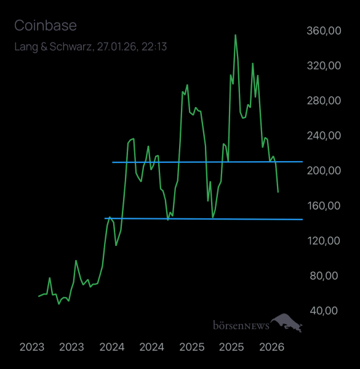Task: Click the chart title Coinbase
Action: pyautogui.click(x=45, y=26)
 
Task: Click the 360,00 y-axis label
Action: pyautogui.click(x=323, y=31)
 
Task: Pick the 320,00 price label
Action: pyautogui.click(x=323, y=66)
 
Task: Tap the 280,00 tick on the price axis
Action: pyautogui.click(x=323, y=101)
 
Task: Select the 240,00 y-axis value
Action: pyautogui.click(x=323, y=136)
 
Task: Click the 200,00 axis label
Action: pyautogui.click(x=323, y=170)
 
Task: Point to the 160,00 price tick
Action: pyautogui.click(x=323, y=205)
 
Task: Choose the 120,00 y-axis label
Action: pyautogui.click(x=323, y=240)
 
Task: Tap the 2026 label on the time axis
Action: pyautogui.click(x=271, y=347)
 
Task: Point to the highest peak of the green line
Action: pyautogui.click(x=235, y=35)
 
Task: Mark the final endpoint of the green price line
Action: pyautogui.click(x=278, y=192)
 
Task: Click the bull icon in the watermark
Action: pyautogui.click(x=287, y=322)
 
